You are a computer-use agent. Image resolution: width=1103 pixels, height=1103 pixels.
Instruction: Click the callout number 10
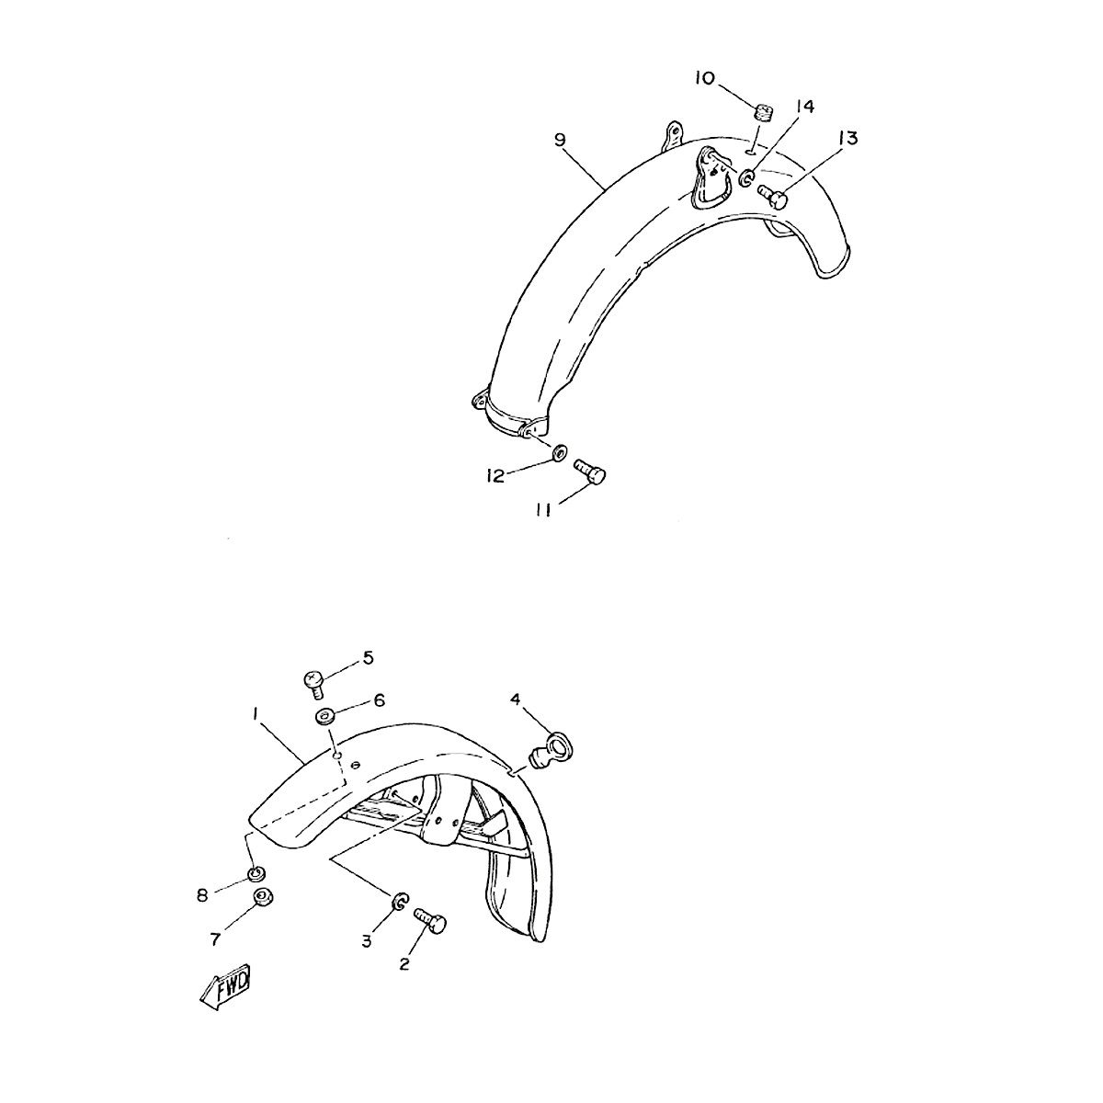(x=706, y=77)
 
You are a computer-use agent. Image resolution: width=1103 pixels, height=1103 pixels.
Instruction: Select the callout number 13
(x=847, y=139)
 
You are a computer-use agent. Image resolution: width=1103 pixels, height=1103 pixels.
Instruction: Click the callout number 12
(x=495, y=475)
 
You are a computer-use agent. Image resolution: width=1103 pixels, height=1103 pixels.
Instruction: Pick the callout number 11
(x=543, y=510)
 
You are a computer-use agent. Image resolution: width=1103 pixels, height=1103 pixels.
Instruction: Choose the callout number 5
(x=368, y=658)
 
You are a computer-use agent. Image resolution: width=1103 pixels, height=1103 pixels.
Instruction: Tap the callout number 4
(x=516, y=700)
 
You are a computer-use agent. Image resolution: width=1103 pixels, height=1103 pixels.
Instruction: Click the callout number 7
(x=215, y=940)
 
